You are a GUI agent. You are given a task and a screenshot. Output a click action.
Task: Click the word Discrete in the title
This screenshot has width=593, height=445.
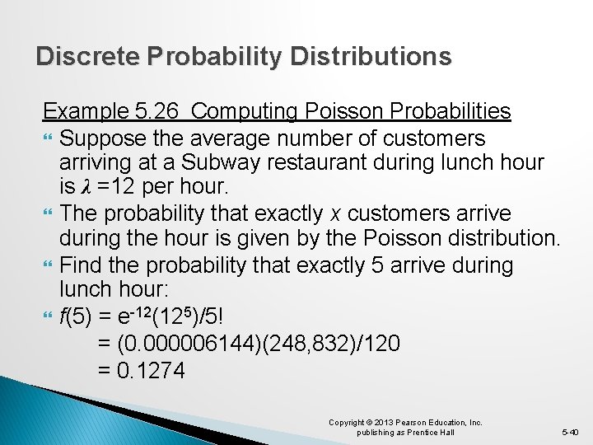[88, 56]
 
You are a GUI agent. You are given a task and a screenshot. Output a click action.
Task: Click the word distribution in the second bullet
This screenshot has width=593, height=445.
[503, 240]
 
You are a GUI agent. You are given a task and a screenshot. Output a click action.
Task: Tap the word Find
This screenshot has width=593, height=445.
[82, 265]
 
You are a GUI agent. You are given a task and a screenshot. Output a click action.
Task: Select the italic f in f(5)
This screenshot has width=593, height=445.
[63, 317]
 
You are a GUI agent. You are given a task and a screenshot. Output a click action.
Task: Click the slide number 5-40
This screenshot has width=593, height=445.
[570, 432]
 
